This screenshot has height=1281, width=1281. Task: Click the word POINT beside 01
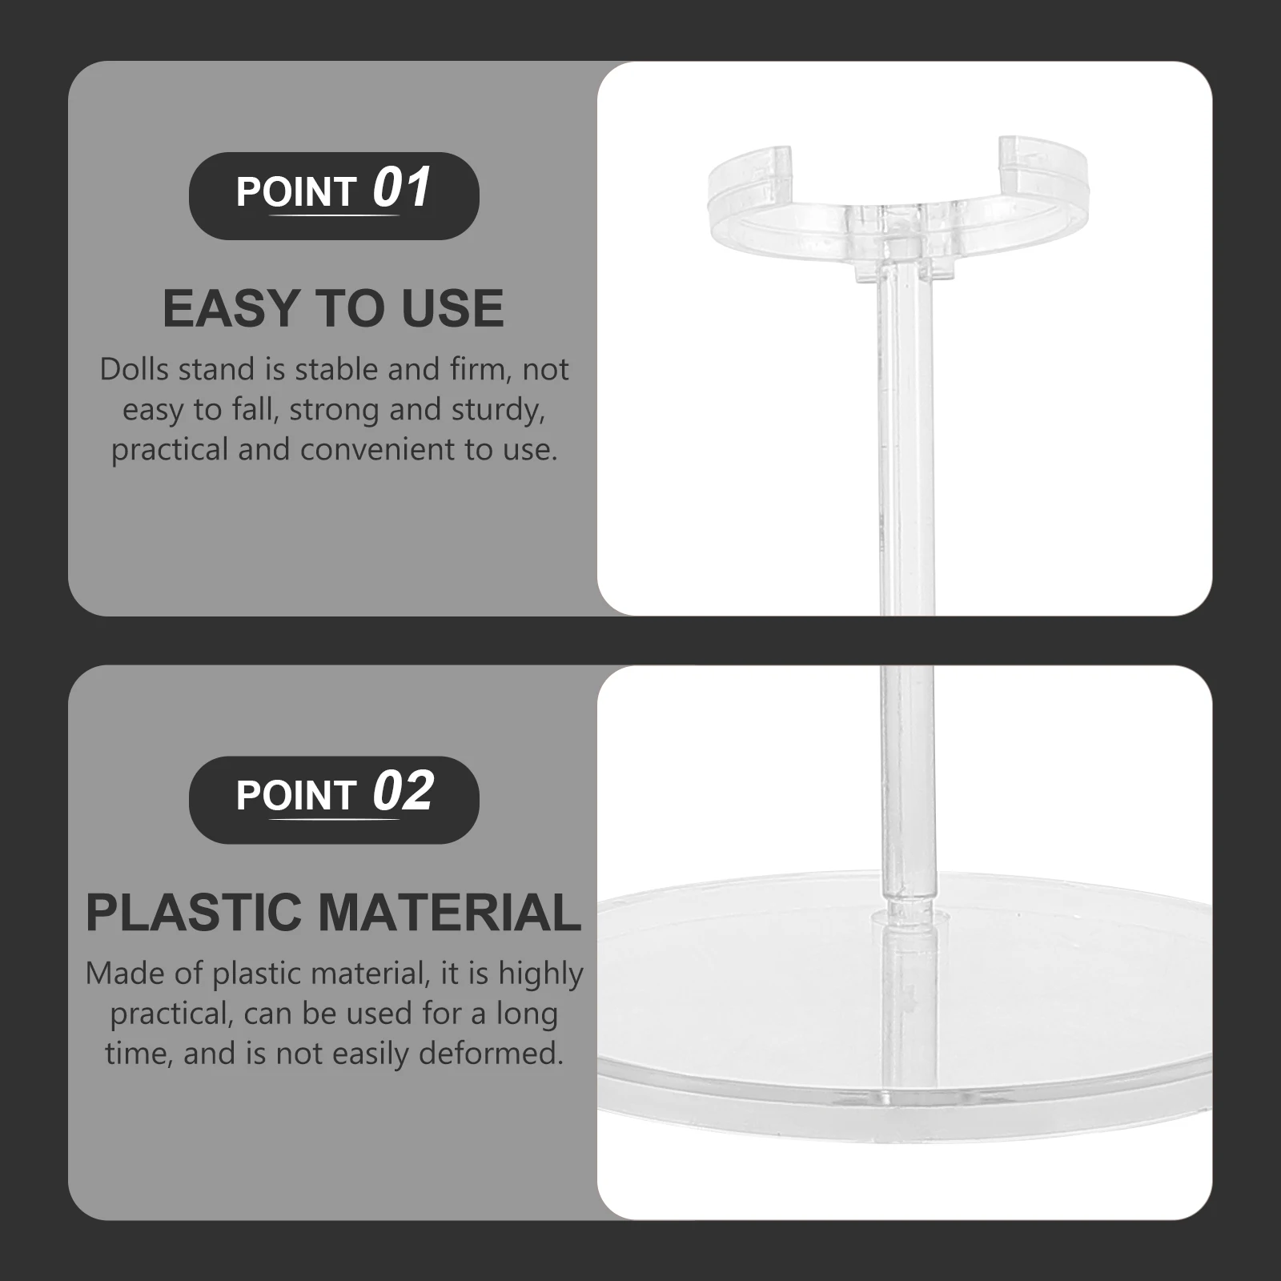(295, 192)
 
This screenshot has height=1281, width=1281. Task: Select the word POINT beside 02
(295, 796)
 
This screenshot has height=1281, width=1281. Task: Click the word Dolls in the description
(134, 370)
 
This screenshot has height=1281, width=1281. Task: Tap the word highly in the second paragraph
(540, 974)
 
